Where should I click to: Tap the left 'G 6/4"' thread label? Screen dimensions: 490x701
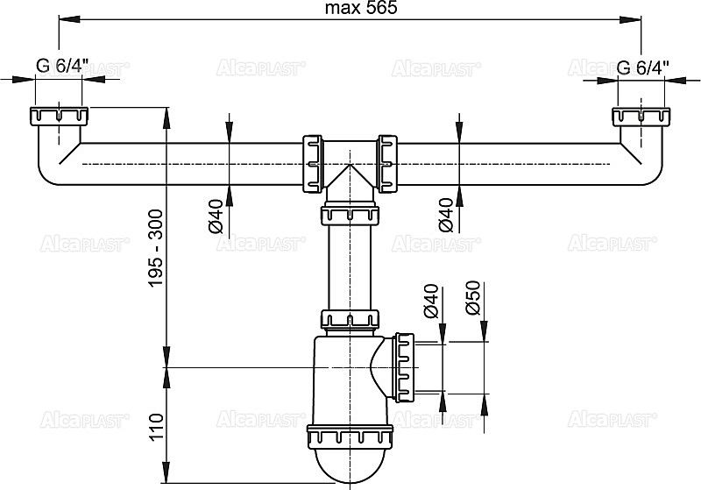[58, 66]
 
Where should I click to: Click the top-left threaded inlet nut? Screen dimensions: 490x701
[58, 117]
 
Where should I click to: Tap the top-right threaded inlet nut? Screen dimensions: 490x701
[641, 117]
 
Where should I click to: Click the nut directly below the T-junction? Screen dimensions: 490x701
[350, 214]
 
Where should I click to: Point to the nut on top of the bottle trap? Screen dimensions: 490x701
[350, 318]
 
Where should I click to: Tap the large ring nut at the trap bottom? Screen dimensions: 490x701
[350, 437]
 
